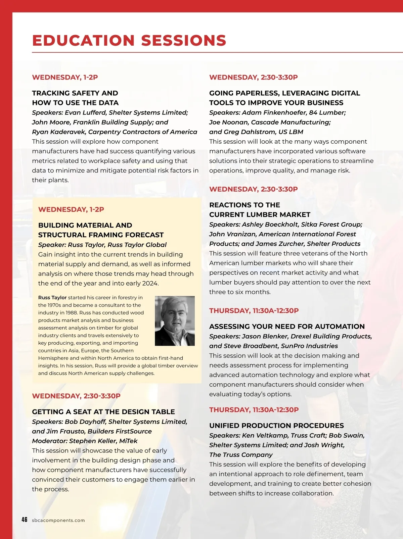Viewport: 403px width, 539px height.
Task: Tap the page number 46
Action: (24, 520)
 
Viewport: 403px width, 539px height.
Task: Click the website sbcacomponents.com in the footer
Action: (58, 520)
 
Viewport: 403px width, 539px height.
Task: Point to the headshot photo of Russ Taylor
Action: (175, 321)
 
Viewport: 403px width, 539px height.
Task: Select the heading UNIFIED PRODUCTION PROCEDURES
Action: (276, 426)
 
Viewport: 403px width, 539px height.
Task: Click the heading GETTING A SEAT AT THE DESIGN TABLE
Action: (103, 412)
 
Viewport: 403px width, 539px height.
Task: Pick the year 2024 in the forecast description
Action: (150, 283)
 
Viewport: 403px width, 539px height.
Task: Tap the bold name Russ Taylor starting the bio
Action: (52, 297)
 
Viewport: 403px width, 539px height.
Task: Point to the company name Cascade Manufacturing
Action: (291, 122)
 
